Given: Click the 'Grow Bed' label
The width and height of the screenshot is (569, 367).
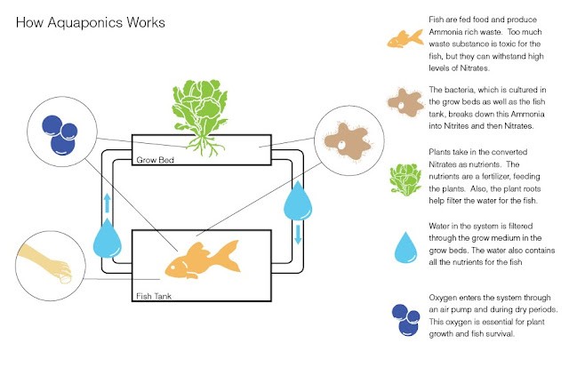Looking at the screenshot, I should (x=155, y=162).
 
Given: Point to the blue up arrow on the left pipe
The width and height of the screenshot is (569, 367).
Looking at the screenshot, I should (x=108, y=202).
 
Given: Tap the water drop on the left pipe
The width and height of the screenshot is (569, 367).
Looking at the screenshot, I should (x=107, y=239).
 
